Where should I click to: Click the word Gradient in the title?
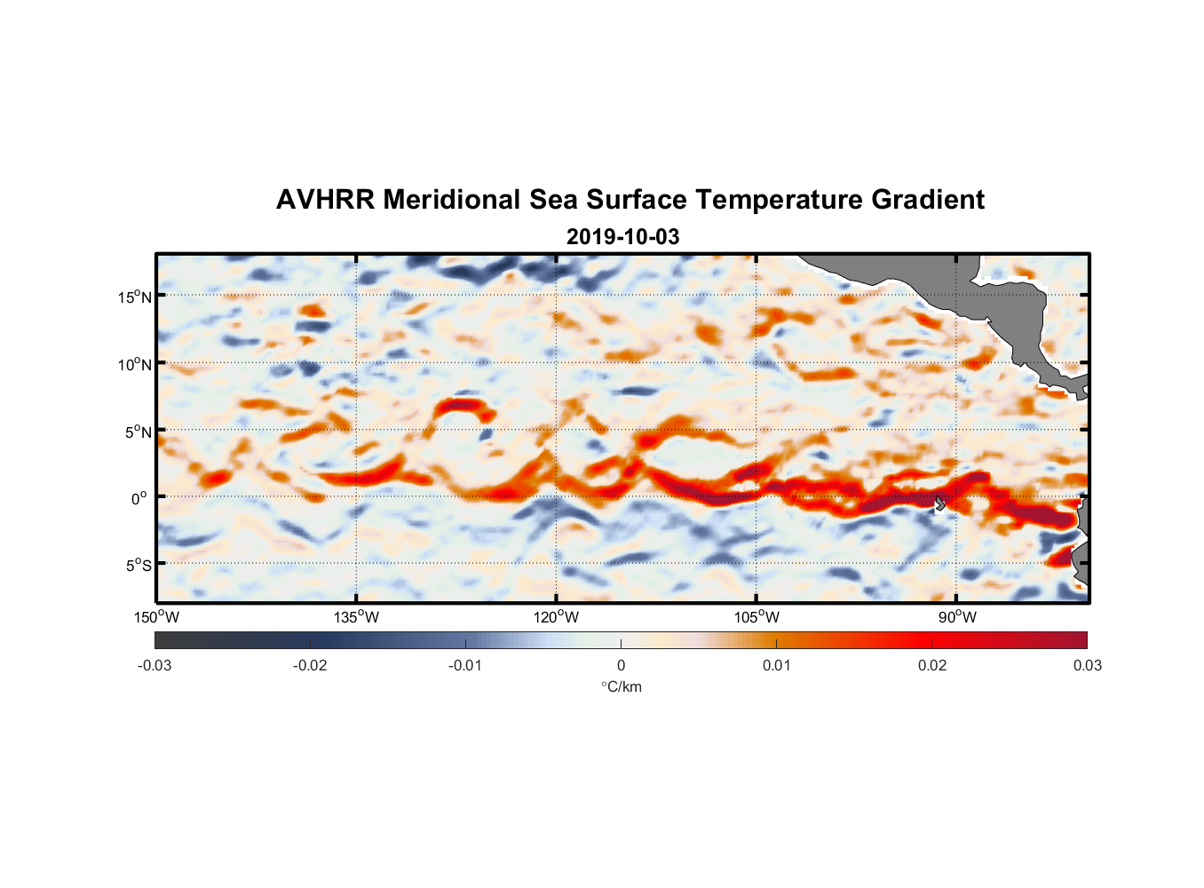[927, 200]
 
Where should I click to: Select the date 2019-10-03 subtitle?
[622, 237]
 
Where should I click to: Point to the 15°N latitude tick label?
[134, 297]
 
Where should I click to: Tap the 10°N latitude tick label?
[134, 364]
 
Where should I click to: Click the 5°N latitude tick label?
[137, 432]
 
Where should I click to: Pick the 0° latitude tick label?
[139, 498]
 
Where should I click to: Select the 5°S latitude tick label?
[137, 565]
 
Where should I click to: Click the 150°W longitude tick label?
[156, 617]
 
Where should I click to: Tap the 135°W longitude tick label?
[356, 617]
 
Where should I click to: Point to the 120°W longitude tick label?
[556, 617]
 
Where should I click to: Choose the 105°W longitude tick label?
[756, 617]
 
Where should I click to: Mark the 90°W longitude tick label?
[956, 617]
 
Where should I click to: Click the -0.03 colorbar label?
[154, 666]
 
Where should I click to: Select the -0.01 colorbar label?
[465, 666]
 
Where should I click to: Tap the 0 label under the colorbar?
[621, 666]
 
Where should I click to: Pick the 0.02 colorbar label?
[932, 666]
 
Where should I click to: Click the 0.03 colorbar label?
[1087, 666]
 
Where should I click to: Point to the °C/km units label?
[621, 686]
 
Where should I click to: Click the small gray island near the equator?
[940, 503]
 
